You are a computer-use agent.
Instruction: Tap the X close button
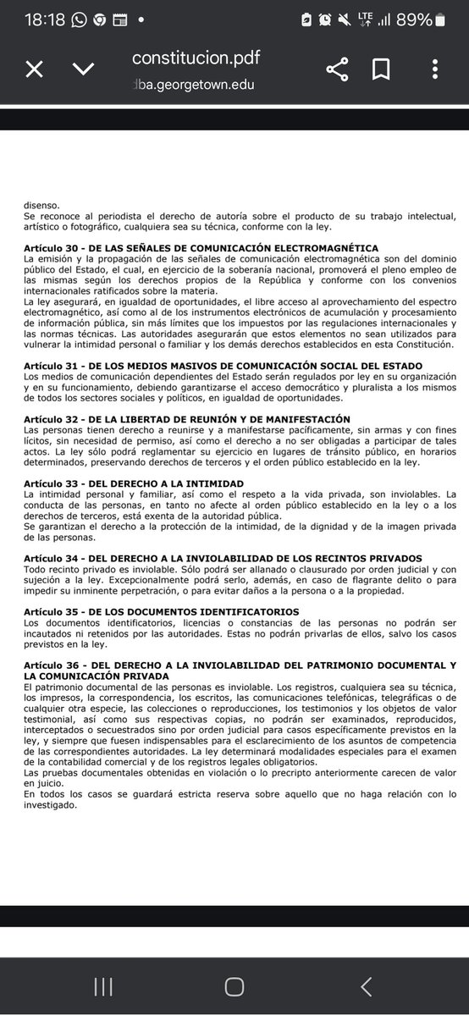(34, 69)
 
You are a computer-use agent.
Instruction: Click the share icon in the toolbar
(337, 69)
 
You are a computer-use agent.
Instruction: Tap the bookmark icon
(380, 69)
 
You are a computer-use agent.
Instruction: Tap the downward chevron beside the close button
(83, 69)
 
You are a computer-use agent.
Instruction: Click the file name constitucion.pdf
(196, 58)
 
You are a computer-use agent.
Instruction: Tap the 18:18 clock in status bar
(45, 19)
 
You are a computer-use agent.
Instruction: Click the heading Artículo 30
(201, 248)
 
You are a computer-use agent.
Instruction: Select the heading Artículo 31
(223, 366)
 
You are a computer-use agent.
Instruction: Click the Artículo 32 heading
(186, 419)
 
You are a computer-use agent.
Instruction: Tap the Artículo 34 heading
(223, 558)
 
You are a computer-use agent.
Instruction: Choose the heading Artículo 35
(161, 611)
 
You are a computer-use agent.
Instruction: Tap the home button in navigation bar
(234, 986)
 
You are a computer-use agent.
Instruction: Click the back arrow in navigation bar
(366, 986)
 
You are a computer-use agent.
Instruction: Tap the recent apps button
(103, 986)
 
